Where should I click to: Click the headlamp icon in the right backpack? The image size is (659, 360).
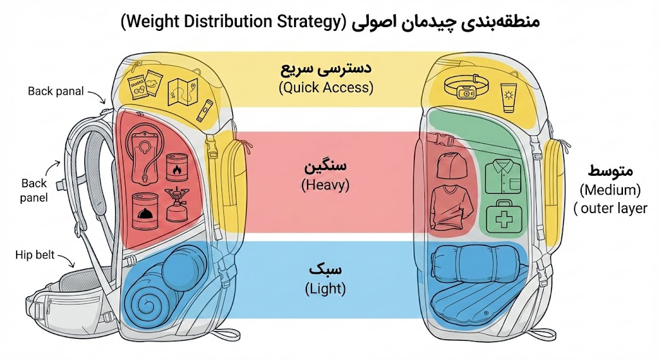tap(466, 87)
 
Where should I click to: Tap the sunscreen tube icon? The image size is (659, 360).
tap(509, 98)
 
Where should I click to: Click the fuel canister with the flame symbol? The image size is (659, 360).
tap(177, 168)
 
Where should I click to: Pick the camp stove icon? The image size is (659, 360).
tap(177, 205)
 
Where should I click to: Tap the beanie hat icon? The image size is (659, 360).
tap(452, 164)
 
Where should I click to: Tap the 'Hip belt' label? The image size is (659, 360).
tap(35, 255)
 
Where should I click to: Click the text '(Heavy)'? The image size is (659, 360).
tap(325, 185)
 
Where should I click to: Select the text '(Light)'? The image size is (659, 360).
tap(325, 289)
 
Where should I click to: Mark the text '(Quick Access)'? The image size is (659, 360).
tap(326, 88)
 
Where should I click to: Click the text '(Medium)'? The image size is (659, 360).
tap(610, 190)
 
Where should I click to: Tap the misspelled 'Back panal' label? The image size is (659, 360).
tap(56, 91)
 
